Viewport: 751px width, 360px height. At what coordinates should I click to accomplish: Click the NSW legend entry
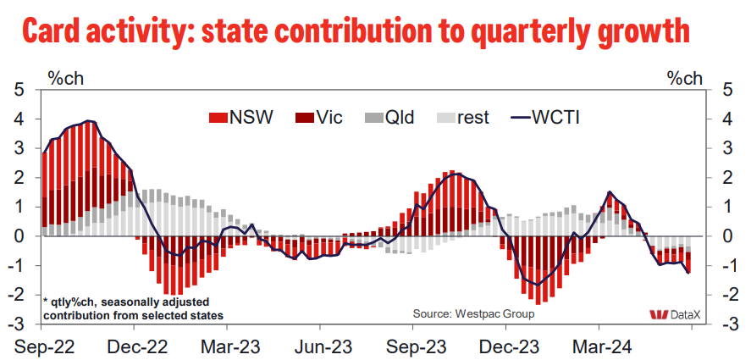point(240,117)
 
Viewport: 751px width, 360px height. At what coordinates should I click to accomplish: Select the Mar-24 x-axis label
point(600,346)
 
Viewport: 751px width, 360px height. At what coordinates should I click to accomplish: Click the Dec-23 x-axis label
point(507,346)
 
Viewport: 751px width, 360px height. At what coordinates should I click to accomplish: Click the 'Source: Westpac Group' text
point(473,313)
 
